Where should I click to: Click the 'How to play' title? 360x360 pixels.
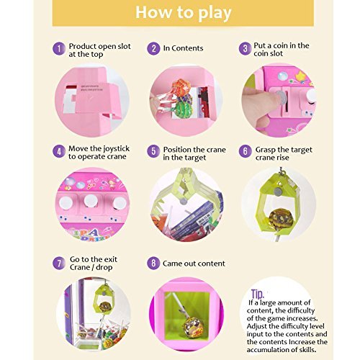(x=184, y=13)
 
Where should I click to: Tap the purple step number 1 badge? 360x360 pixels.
(x=59, y=48)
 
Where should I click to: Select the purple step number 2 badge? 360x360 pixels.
(x=153, y=48)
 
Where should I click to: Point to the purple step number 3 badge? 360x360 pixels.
(x=245, y=48)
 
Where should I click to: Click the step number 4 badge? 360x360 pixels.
(x=59, y=151)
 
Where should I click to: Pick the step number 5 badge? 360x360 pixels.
(x=153, y=151)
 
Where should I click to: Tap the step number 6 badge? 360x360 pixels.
(x=245, y=151)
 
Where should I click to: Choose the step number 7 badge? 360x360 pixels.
(x=59, y=263)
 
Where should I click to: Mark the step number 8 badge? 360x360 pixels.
(x=153, y=263)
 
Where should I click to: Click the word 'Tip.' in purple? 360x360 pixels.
(x=258, y=294)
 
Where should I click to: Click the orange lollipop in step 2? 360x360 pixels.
(x=181, y=87)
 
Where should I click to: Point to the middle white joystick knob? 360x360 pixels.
(x=91, y=201)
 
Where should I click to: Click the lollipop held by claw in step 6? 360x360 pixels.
(x=281, y=218)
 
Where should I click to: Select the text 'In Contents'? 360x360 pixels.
(x=183, y=48)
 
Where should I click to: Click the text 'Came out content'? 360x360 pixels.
(x=194, y=264)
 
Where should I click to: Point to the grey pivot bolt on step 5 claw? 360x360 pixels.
(x=184, y=201)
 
